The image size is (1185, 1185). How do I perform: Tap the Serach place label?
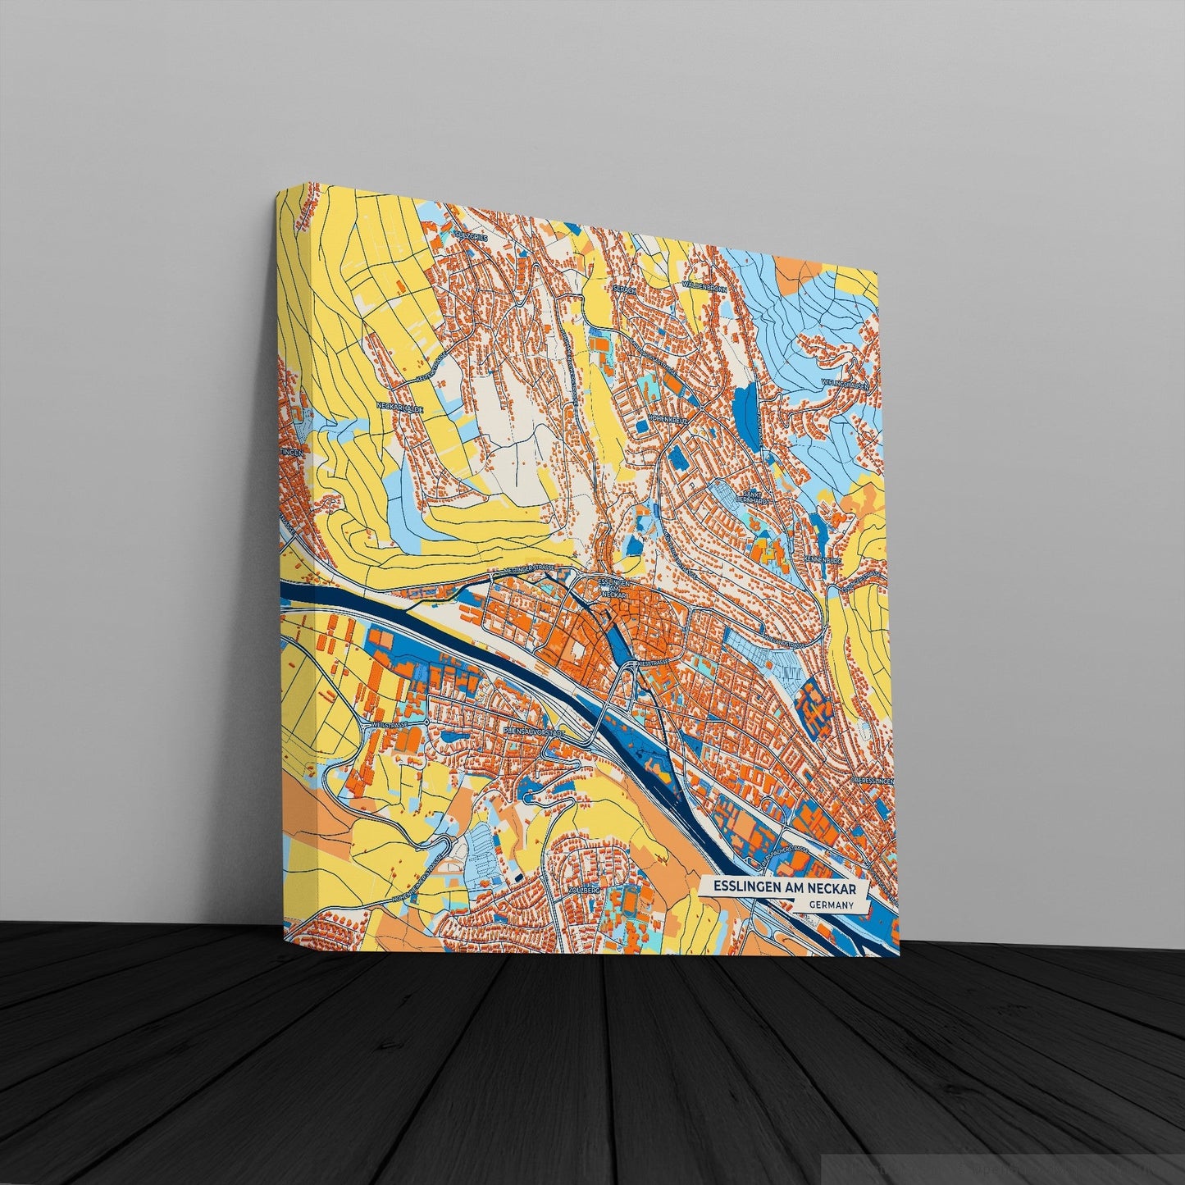[625, 289]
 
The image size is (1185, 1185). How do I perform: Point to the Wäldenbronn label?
[704, 287]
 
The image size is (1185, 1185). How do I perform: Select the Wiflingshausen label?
[855, 384]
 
